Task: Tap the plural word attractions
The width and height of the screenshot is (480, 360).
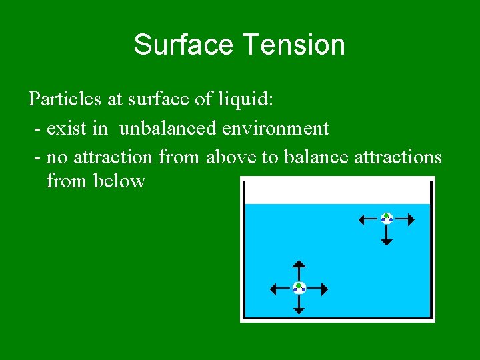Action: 400,157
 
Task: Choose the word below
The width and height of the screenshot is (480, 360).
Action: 119,181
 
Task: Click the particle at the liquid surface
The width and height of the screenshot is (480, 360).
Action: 387,218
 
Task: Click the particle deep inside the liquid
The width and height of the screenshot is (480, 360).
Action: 299,288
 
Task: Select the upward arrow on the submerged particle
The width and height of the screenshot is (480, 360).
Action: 299,271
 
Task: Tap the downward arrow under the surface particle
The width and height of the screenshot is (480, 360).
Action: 387,235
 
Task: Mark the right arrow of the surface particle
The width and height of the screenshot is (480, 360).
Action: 405,218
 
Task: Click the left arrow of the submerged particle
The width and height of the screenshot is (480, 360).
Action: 280,289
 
